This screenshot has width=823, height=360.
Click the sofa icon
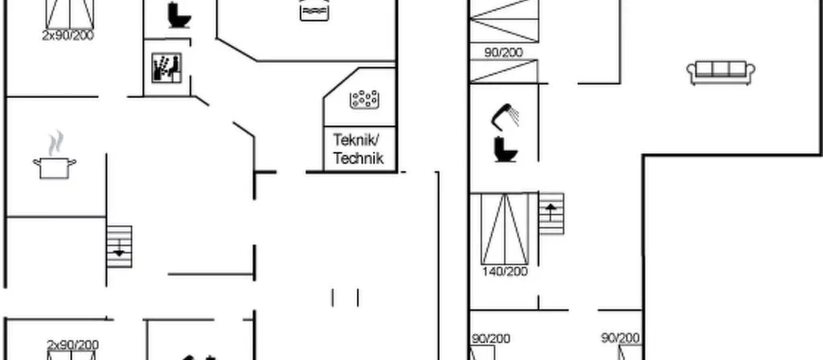point(721,72)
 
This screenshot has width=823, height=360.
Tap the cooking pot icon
point(55,168)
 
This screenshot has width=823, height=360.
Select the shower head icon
point(505,117)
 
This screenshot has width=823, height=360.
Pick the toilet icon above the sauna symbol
point(179,15)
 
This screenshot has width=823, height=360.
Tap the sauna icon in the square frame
point(167,67)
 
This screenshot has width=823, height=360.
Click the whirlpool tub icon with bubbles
point(364,99)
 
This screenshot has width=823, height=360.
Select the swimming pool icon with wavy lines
point(314,10)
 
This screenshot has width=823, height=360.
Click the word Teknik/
point(356,140)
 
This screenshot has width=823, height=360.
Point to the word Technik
point(358,158)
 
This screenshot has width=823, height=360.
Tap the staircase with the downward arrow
point(119,247)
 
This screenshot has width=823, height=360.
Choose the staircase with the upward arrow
point(551,214)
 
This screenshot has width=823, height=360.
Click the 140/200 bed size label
point(505,272)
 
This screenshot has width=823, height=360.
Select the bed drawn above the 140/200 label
point(505,229)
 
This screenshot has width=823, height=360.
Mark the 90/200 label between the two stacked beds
point(503,52)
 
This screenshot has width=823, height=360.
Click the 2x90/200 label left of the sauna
point(68,35)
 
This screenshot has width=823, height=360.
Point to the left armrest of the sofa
point(691,72)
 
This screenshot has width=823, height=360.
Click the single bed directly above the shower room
point(504,71)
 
